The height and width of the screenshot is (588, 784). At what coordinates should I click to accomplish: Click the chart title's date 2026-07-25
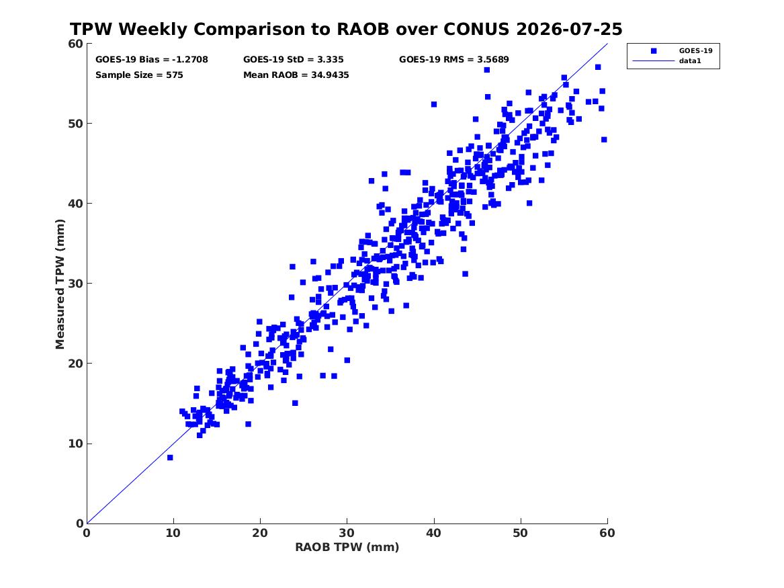click(x=569, y=29)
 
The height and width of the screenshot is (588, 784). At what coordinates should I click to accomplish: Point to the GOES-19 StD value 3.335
click(x=330, y=60)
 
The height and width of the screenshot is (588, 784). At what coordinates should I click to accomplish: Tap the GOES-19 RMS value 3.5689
click(x=492, y=60)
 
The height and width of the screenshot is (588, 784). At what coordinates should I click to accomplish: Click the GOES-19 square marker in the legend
click(x=654, y=51)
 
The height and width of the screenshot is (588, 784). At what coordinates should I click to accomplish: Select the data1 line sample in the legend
click(x=654, y=61)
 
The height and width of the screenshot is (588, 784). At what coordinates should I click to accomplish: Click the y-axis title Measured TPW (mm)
click(x=60, y=284)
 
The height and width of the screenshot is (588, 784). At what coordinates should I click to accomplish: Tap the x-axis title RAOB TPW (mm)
click(x=347, y=547)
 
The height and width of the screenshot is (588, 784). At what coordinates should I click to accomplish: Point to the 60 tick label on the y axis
click(x=75, y=44)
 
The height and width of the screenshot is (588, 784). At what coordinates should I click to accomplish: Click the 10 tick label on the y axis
click(x=75, y=444)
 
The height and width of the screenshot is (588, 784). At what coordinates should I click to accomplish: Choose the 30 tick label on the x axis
click(x=347, y=533)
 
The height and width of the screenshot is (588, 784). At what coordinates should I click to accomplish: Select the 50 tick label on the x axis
click(x=521, y=533)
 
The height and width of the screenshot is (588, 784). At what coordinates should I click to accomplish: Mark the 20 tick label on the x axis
click(x=260, y=533)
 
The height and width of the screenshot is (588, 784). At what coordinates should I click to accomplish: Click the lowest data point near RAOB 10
click(x=170, y=458)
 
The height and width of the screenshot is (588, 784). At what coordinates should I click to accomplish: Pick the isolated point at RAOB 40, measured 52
click(x=434, y=105)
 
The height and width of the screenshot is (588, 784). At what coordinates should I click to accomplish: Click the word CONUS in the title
click(x=478, y=29)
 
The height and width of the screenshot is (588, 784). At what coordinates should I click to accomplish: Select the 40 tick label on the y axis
click(x=75, y=204)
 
